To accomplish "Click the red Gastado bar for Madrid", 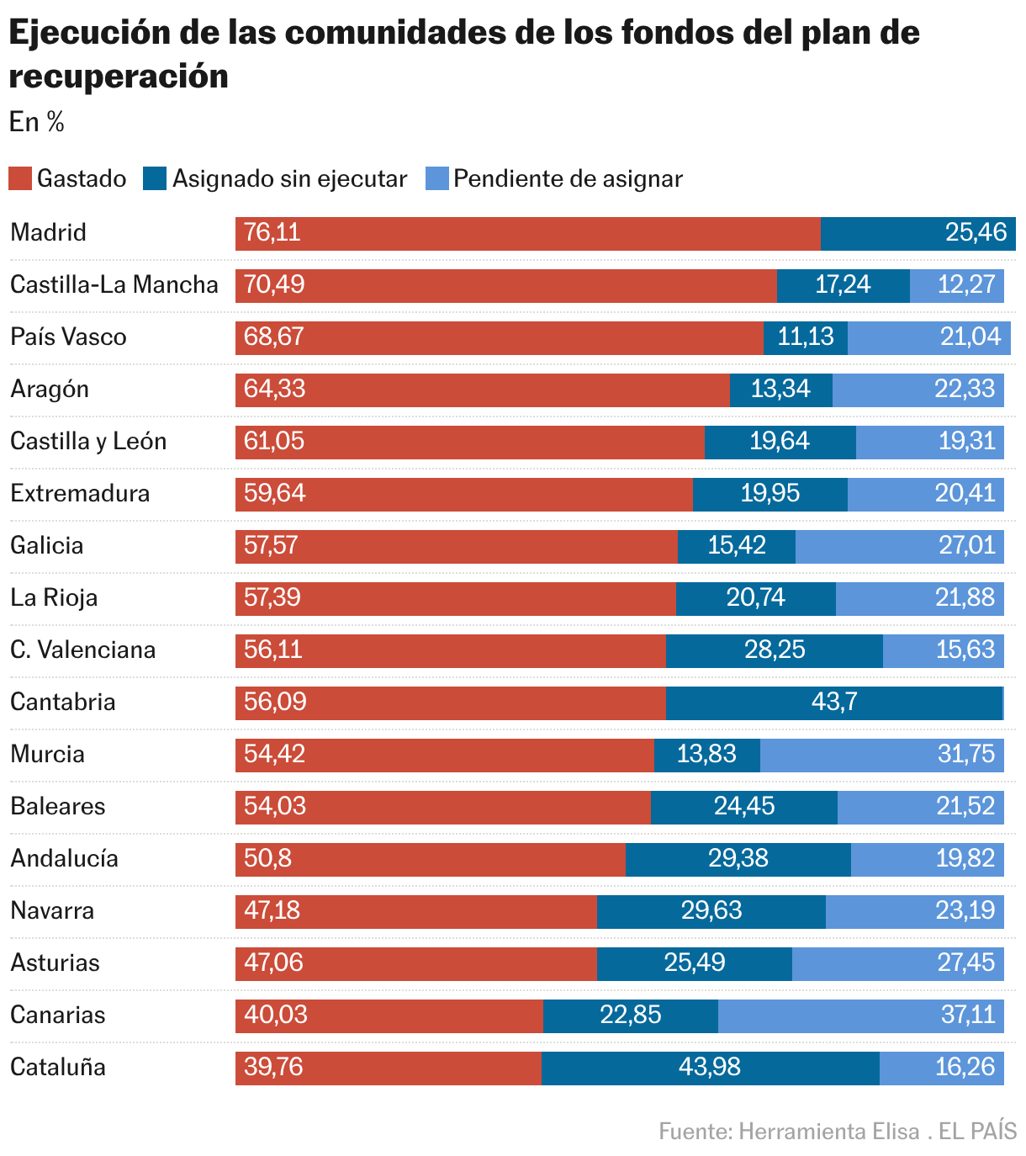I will coord(527,233).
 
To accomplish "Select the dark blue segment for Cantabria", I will coord(833,703).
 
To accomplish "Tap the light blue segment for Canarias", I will coord(860,1015).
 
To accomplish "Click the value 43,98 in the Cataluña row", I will coord(709,1068).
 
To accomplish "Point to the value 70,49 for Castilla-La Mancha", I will coord(274,285).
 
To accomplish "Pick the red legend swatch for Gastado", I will coord(20,178).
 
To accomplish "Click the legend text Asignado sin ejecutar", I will coord(289,179).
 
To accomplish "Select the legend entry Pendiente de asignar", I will coord(568,179).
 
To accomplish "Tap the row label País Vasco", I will coord(68,337).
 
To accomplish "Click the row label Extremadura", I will coord(80,494).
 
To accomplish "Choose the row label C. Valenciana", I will coord(82,650).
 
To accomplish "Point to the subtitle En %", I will coord(37,123).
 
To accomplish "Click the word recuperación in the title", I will coord(119,77).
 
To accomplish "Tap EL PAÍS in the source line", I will coord(977,1132).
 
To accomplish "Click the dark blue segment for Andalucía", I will coord(738,859).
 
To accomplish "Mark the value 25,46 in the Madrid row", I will coord(976,233).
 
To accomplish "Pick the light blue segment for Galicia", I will coord(899,546).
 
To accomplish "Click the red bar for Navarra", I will coord(415,911).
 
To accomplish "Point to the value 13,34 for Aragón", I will coord(780,390).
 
